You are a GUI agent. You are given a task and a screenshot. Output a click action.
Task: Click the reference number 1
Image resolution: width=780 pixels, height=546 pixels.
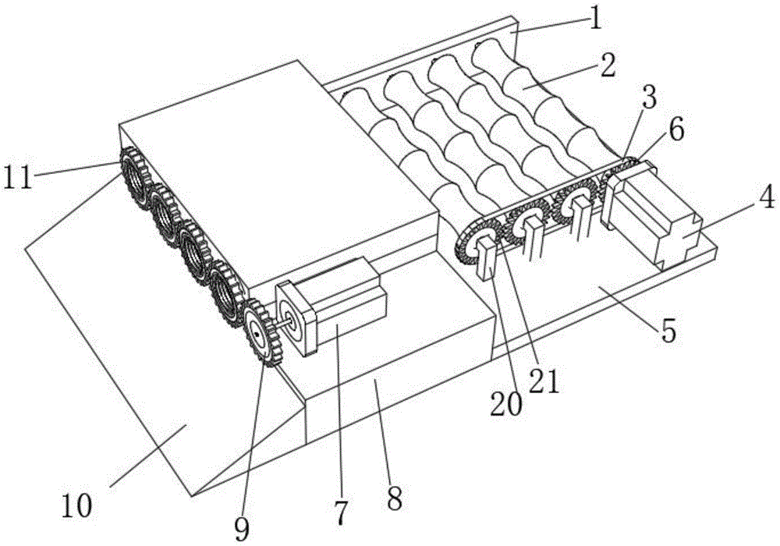tap(595, 18)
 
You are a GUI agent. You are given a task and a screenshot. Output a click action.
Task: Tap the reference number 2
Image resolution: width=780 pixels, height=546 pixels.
tap(606, 65)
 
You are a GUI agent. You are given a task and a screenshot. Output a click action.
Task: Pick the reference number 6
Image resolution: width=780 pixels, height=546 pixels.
tap(675, 130)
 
